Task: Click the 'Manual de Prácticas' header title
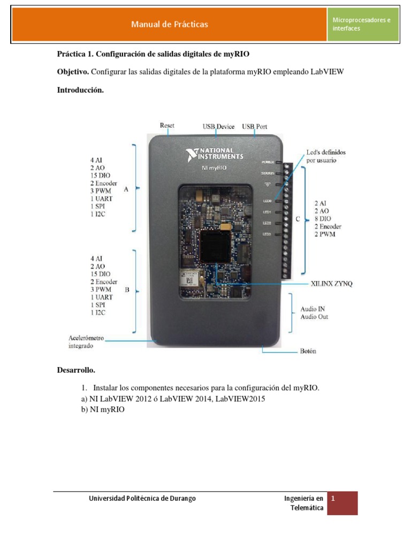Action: pos(170,24)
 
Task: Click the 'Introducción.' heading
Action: pos(80,90)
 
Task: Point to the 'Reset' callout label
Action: pos(167,125)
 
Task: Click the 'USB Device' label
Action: pos(218,127)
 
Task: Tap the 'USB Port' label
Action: pos(255,127)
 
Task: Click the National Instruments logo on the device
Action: pos(215,154)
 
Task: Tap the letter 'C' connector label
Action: pos(299,219)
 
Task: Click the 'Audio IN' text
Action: pos(314,308)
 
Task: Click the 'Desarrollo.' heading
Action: pos(76,370)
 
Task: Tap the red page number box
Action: pos(342,503)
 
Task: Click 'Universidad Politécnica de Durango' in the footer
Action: pos(142,498)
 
